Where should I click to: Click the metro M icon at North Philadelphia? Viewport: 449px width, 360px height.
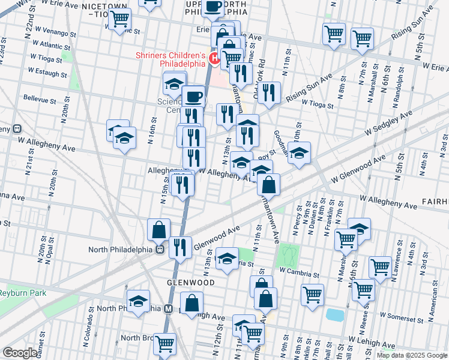tap(169, 309)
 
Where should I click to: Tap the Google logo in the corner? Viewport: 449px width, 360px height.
tap(20, 353)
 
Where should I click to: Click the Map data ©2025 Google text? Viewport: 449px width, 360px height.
tap(412, 355)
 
